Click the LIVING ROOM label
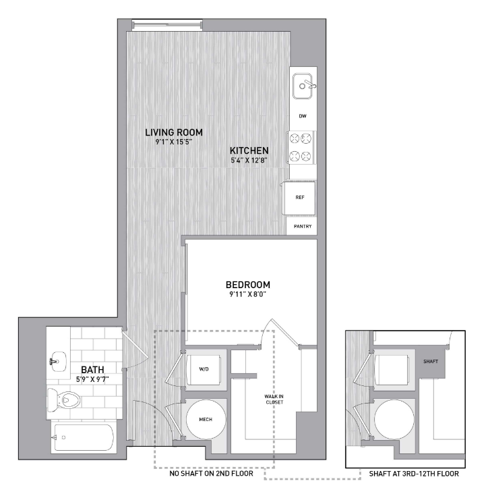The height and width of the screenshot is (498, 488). click(174, 132)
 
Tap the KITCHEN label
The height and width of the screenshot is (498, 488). click(249, 150)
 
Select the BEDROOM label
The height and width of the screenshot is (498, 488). click(248, 285)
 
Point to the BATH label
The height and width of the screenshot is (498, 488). click(92, 370)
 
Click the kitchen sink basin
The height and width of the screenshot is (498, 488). click(303, 86)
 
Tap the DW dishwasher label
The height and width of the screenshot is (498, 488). click(303, 116)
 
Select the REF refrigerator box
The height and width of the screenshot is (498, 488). click(299, 198)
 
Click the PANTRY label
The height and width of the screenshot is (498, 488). click(303, 227)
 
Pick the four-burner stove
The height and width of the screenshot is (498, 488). click(301, 147)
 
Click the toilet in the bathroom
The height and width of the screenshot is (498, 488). click(63, 399)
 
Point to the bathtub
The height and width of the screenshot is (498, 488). click(84, 437)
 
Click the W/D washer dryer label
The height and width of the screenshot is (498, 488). click(204, 369)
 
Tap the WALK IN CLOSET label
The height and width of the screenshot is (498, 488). click(274, 399)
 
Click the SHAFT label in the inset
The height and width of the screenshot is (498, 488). click(431, 362)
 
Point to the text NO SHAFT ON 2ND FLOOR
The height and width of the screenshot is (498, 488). click(212, 474)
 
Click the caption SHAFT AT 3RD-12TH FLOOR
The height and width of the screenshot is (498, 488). click(414, 474)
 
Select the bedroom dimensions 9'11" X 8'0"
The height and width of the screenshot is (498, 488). click(248, 294)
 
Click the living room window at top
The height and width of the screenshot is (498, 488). click(167, 25)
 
